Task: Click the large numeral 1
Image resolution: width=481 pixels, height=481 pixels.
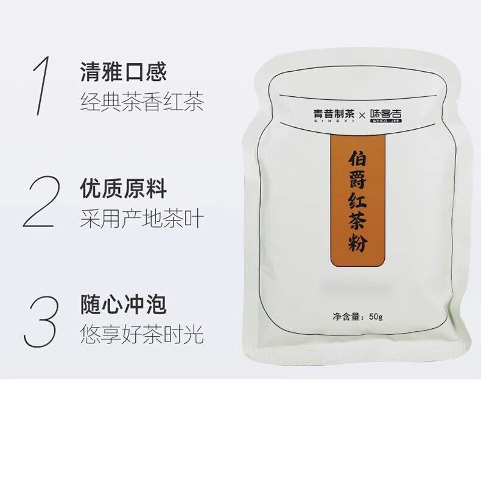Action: point(41,86)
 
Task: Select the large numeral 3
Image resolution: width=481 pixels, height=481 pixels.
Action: point(41,321)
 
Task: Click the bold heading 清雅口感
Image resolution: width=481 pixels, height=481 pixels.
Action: point(124,71)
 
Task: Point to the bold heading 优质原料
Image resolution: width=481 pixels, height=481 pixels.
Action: point(124,188)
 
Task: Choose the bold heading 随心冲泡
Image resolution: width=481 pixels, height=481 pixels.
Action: point(124,304)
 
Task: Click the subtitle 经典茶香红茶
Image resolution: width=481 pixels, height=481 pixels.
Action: point(142,101)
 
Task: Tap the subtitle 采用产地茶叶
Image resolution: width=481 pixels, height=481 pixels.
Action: point(142,218)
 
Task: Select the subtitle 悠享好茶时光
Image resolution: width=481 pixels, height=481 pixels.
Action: point(142,334)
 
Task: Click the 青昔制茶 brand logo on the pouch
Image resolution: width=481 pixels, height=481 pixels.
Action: point(334,115)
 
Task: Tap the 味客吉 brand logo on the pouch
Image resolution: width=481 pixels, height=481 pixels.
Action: point(386,115)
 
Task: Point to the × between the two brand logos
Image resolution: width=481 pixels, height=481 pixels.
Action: point(362,115)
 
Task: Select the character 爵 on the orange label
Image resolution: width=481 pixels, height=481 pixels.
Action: point(357,180)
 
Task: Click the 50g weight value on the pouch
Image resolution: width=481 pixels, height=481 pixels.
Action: point(376,316)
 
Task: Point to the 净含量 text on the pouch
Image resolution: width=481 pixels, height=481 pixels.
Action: point(346,316)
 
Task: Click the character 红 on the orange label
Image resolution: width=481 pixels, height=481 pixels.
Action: point(357,201)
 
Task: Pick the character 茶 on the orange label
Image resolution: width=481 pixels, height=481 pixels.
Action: point(357,222)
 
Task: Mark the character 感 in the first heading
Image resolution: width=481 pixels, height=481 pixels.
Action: point(156,71)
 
